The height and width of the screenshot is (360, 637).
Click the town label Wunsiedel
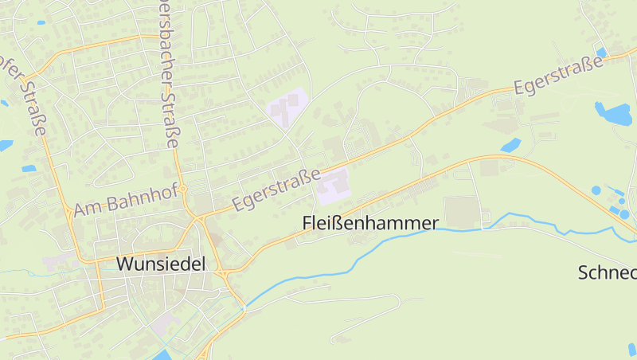tap(161, 264)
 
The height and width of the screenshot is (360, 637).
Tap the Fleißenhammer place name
tap(370, 224)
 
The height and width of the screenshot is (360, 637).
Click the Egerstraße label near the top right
tap(558, 76)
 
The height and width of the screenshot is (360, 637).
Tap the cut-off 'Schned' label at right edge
tap(607, 272)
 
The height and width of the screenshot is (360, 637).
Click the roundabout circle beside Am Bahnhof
tap(183, 189)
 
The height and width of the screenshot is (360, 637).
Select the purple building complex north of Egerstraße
tap(286, 107)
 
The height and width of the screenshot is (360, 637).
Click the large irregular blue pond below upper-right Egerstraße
tap(612, 113)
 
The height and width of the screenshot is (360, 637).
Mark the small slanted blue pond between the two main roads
tap(510, 146)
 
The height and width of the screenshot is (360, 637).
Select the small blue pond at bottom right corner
tap(632, 349)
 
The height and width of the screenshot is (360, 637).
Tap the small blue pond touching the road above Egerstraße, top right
tap(601, 53)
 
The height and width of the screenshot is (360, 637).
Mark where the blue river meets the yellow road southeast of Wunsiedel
tap(243, 305)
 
